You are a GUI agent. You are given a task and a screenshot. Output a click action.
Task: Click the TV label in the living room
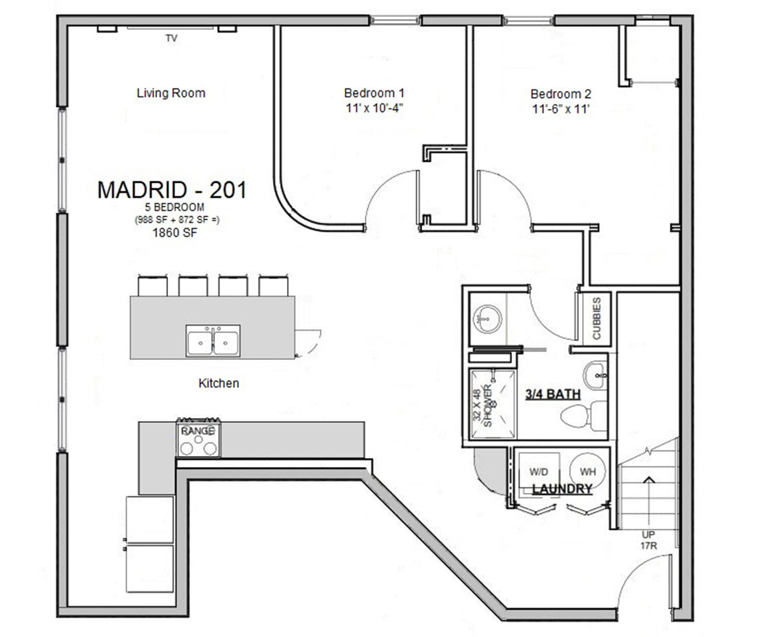point(171,39)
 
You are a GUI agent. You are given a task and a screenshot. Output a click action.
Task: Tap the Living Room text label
point(171,93)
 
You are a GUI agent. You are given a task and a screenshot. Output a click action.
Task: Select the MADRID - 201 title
point(171,190)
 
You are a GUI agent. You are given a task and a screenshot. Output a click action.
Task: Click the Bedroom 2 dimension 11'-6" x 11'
point(560,109)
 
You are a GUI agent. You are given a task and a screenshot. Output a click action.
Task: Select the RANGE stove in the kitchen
point(198,438)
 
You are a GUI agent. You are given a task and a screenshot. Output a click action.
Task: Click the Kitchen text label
point(218,383)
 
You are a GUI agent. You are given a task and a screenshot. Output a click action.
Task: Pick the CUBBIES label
point(597,318)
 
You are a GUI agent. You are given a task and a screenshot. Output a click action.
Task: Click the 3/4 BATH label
point(552,394)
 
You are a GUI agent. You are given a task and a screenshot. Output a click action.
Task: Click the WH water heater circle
point(588,472)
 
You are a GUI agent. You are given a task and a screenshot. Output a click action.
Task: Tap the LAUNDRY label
point(562,489)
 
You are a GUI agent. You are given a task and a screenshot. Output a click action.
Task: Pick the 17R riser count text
point(648,546)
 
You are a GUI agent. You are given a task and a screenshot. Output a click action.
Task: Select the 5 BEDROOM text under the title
point(174,208)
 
